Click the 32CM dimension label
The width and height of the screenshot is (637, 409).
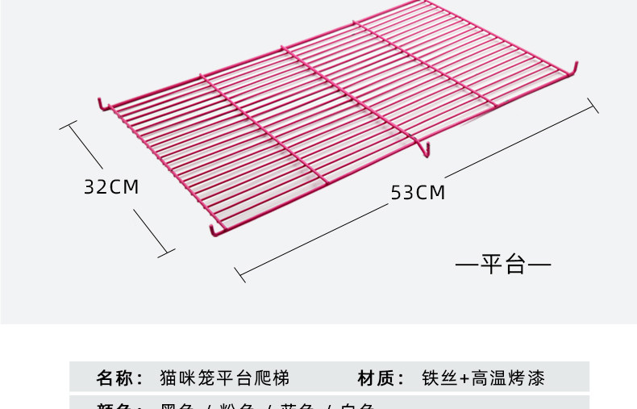tap(111, 187)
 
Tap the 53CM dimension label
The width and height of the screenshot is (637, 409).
tap(418, 193)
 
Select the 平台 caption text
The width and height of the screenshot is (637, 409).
tap(503, 264)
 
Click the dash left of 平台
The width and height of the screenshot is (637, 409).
tap(468, 264)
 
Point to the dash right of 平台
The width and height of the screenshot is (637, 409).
tap(539, 264)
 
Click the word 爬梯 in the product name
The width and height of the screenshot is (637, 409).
tap(272, 378)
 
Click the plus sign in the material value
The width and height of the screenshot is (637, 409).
tap(464, 378)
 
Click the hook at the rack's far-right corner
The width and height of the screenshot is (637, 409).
tap(575, 69)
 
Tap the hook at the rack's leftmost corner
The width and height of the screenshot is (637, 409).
tap(102, 105)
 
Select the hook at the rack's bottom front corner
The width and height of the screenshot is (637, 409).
tap(214, 232)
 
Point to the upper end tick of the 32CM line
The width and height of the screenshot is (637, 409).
tap(69, 127)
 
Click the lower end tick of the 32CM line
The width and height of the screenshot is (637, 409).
tap(166, 252)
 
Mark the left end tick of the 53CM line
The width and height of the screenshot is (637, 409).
tap(239, 274)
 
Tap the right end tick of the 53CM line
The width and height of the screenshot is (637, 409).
tap(593, 106)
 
